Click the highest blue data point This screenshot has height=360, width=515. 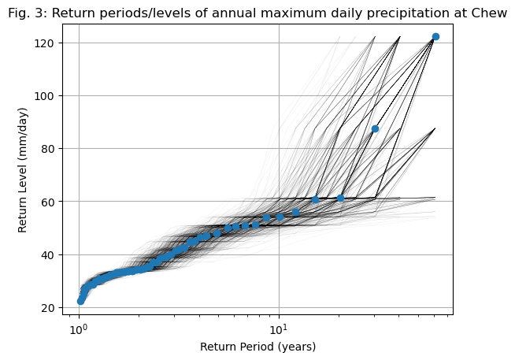435,37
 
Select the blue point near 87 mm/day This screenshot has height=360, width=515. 375,128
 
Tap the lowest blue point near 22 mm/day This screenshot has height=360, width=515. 80,301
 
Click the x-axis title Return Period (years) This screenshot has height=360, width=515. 257,347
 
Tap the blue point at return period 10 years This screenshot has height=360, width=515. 280,217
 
